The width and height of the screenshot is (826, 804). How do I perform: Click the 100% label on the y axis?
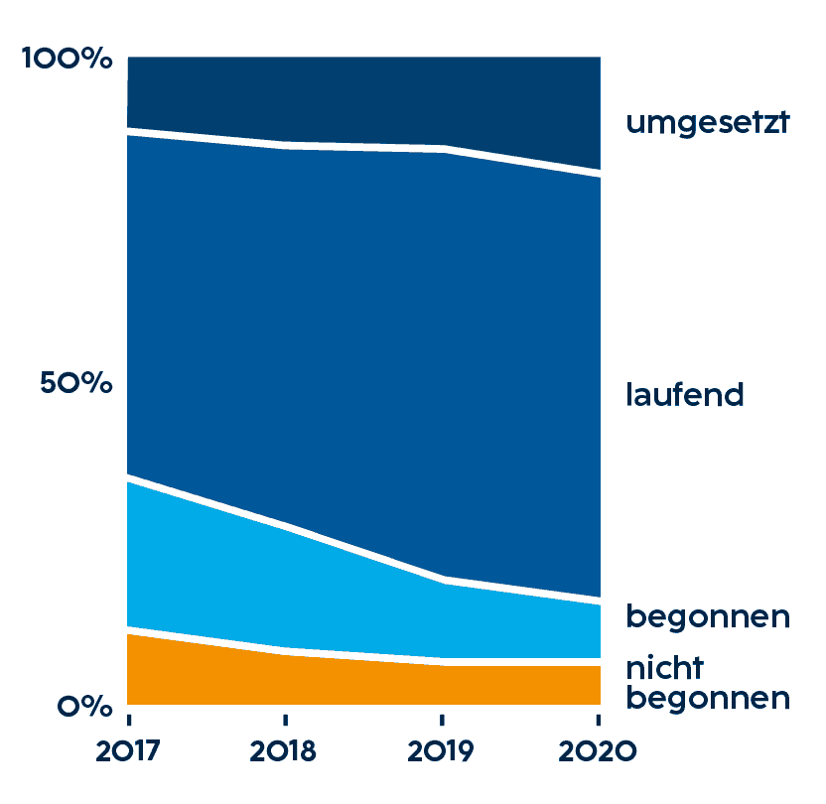pos(67,60)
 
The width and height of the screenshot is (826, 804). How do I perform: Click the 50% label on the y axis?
pos(77,383)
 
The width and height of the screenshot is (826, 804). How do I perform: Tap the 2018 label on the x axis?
pos(284,751)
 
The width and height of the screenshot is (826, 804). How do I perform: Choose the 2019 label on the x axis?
pos(442,751)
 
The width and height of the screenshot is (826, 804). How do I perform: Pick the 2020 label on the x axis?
pos(598,751)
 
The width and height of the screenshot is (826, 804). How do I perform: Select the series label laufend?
pos(685,394)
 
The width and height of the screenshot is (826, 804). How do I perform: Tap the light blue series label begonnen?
pos(707,616)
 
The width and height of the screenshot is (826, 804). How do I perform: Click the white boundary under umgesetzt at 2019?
pos(442,149)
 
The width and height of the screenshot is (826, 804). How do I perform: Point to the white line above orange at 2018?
pos(285,650)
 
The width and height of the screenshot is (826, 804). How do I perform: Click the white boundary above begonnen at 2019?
pos(442,579)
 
